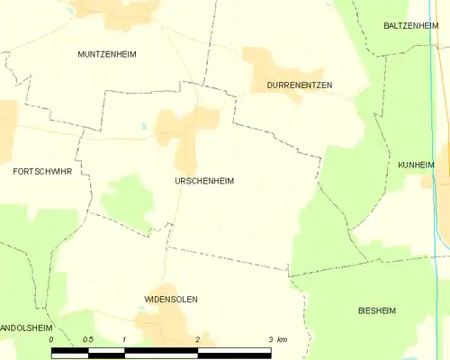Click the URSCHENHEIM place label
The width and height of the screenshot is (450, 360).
[204, 181]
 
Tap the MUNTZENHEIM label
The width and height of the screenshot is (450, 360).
[107, 54]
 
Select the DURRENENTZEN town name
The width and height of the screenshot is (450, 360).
[300, 85]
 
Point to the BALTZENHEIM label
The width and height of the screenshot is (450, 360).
[409, 26]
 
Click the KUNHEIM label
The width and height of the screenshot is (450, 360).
[415, 166]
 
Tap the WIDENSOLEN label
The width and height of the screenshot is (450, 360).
[171, 299]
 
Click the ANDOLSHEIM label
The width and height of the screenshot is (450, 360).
[24, 328]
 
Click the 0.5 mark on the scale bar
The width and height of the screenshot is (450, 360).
[87, 339]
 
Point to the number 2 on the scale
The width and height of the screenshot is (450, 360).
[197, 339]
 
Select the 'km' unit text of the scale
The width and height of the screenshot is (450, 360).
[282, 339]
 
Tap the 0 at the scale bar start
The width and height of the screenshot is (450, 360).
[52, 339]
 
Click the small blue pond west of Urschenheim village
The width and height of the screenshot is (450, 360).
[141, 127]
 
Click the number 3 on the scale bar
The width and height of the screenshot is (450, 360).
[270, 339]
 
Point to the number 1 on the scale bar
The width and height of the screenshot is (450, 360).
[124, 339]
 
